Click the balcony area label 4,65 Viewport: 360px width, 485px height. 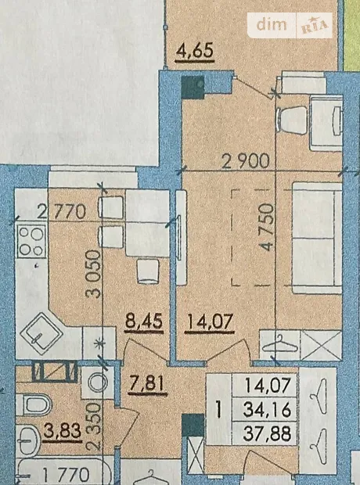point(194,51)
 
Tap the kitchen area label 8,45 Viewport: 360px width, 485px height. point(144,322)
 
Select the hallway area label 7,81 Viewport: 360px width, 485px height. point(147,384)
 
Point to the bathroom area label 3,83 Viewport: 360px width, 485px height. point(62,431)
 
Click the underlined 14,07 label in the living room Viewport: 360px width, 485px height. point(209,322)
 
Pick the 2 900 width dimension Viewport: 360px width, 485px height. point(246,161)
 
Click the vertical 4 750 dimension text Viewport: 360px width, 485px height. point(267,227)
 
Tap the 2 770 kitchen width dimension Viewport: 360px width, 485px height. point(61,212)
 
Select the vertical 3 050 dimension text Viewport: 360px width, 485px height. point(94,274)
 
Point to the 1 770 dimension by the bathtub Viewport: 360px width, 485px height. point(66,474)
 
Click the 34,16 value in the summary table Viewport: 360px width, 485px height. point(267,410)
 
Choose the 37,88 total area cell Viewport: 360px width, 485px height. point(267,433)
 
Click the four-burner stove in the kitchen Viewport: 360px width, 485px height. point(32,242)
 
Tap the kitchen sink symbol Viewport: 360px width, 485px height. point(41,333)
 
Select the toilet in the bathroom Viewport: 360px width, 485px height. point(34,404)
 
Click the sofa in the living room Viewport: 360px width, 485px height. point(317,238)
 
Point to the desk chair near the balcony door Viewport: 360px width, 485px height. point(293,120)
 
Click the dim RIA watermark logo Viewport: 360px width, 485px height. point(290,25)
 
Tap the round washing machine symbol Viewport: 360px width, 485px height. point(98,383)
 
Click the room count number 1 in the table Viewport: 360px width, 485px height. point(219,409)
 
